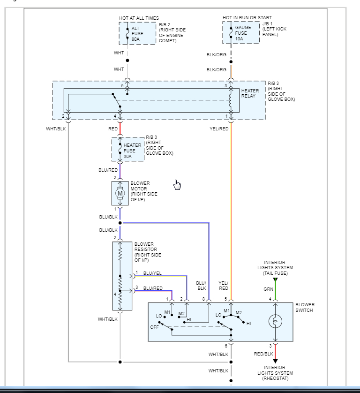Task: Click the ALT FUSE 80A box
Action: (x=137, y=33)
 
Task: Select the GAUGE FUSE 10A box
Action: (x=241, y=33)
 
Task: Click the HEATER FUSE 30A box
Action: (x=128, y=150)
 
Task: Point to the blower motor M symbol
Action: (x=120, y=193)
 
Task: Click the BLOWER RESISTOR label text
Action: (x=147, y=252)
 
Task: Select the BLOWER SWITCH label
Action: (x=305, y=307)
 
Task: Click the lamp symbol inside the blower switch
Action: (x=275, y=322)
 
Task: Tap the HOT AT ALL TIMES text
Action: (x=139, y=18)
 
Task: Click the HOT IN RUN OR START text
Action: (x=247, y=18)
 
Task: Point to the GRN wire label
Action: (x=268, y=289)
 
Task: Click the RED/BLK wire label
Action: (x=263, y=354)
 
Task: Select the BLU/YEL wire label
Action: (x=153, y=272)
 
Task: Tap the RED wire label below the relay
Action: (x=113, y=128)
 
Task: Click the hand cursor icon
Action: (x=177, y=185)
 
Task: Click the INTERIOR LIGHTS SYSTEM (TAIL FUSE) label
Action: (x=275, y=268)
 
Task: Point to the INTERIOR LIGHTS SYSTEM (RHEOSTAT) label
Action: (x=275, y=373)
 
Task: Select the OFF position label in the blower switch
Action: (x=154, y=327)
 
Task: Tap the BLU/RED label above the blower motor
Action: (x=108, y=170)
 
